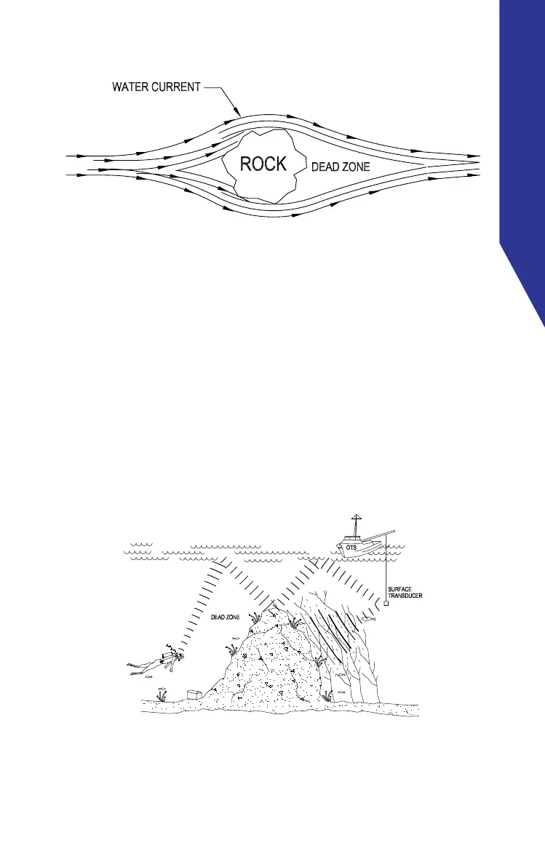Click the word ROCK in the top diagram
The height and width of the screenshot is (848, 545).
(263, 164)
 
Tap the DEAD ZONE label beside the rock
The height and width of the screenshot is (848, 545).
(341, 167)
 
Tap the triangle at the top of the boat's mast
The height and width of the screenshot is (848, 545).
(355, 517)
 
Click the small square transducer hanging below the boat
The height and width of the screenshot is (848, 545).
(386, 603)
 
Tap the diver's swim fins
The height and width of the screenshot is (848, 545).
(132, 666)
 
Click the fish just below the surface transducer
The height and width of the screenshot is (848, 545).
(370, 619)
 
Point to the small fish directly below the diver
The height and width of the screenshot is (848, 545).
(149, 677)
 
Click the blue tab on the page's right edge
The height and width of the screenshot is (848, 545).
(522, 145)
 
